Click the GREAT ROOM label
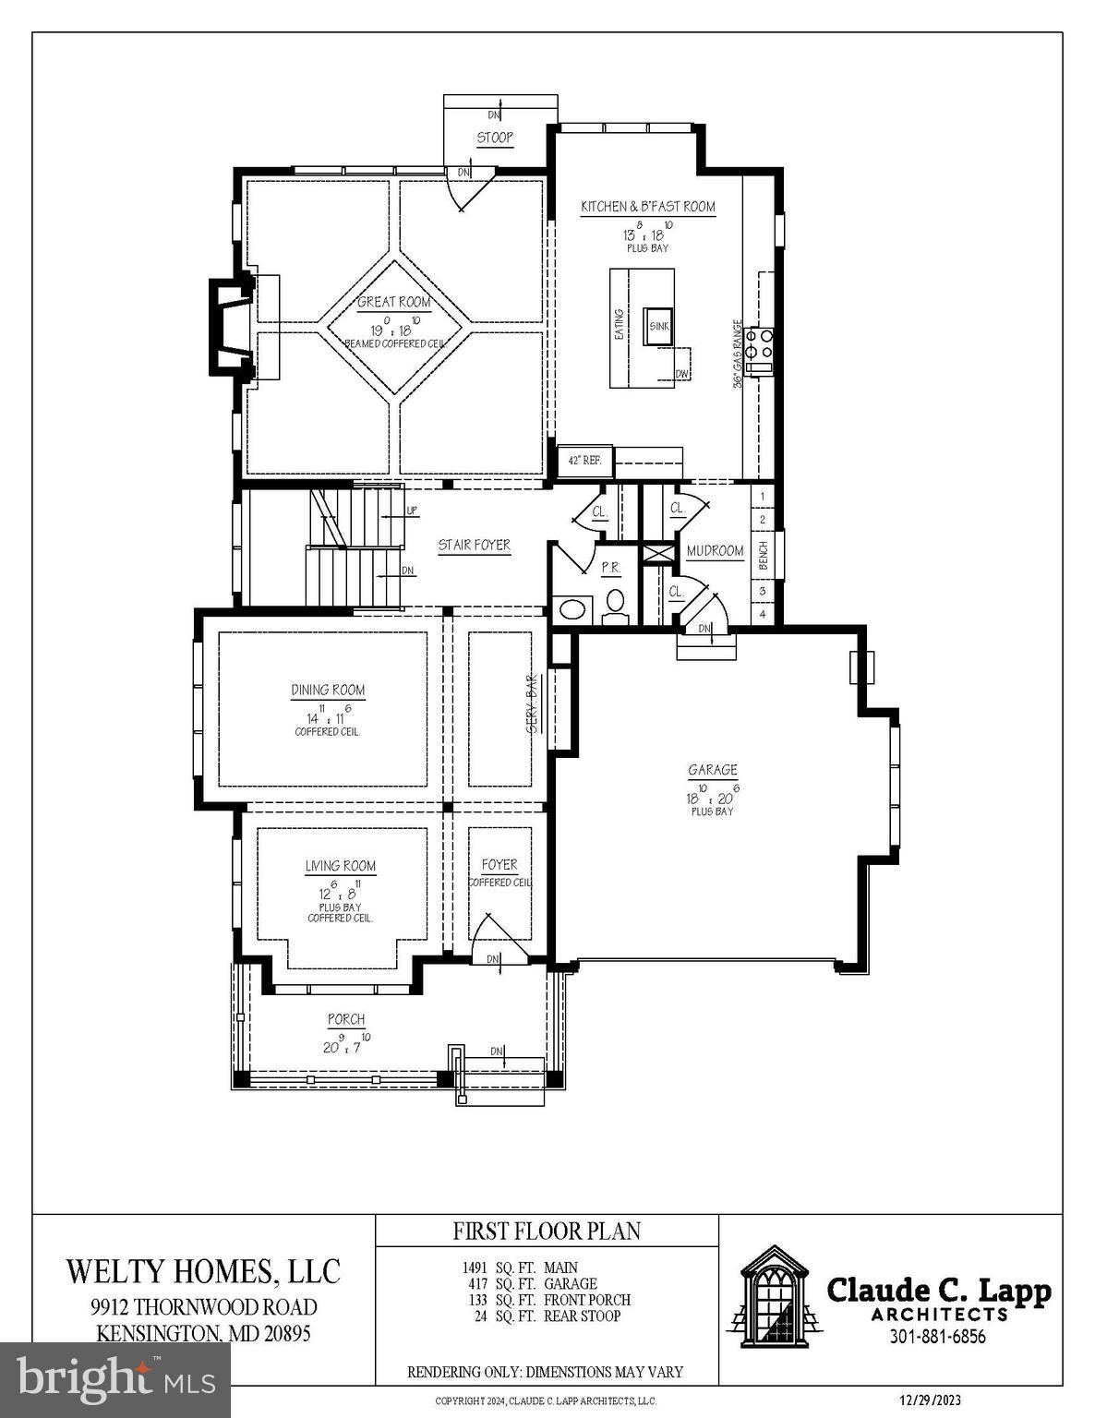tap(394, 302)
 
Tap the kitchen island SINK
tap(658, 326)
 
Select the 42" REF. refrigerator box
tap(584, 460)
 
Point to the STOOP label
tap(495, 138)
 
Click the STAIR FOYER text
tap(474, 545)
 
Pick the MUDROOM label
tap(715, 551)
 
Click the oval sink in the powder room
tap(573, 609)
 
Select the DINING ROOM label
tap(328, 690)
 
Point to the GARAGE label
tap(712, 769)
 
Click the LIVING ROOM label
tap(341, 866)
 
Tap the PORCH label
tap(346, 1019)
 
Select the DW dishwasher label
tap(681, 374)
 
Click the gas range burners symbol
tap(759, 343)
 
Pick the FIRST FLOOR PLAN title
tap(547, 1231)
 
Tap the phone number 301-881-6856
tap(937, 1337)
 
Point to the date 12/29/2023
tap(930, 1400)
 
